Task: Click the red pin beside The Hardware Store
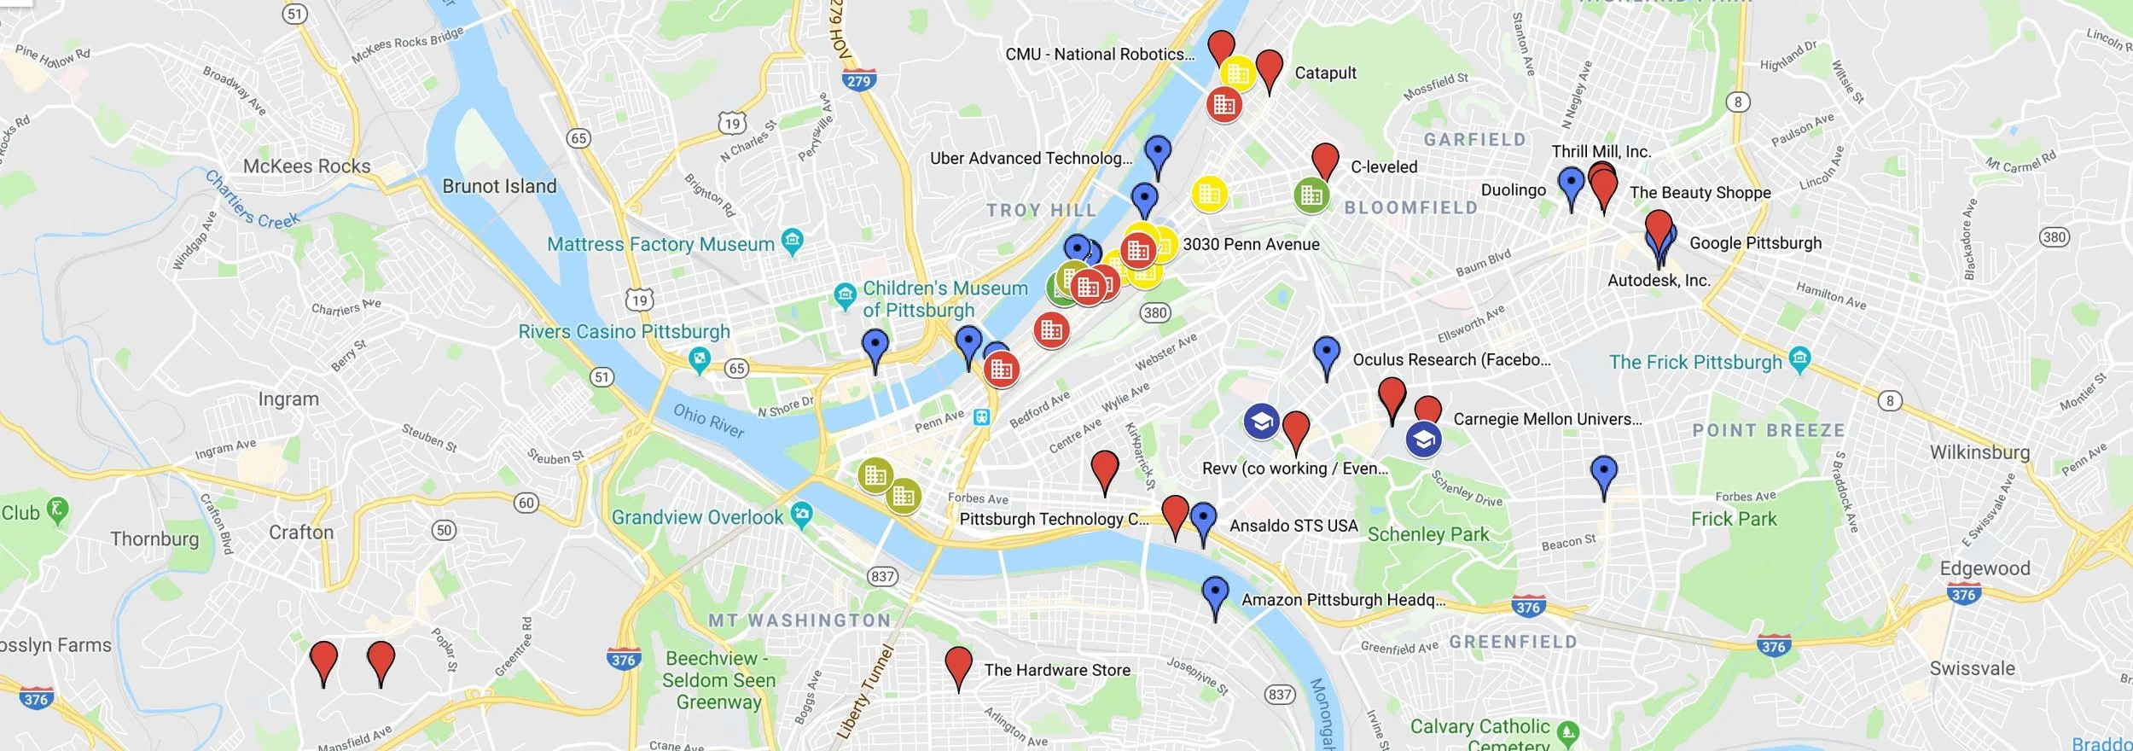point(958,663)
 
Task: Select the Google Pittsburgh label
point(1755,243)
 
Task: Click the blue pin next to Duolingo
point(1571,183)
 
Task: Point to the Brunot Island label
point(499,186)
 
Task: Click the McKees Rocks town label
point(306,166)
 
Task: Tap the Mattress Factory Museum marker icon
point(793,241)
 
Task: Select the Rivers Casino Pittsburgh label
point(624,331)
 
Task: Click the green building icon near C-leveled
point(1311,195)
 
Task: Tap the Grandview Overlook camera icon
point(801,514)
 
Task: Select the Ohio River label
point(708,421)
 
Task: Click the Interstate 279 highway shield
point(858,81)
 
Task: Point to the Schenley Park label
point(1427,534)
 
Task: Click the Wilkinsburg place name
point(1979,451)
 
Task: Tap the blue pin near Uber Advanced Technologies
point(1157,153)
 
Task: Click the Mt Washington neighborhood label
point(799,620)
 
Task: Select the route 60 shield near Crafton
point(526,503)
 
